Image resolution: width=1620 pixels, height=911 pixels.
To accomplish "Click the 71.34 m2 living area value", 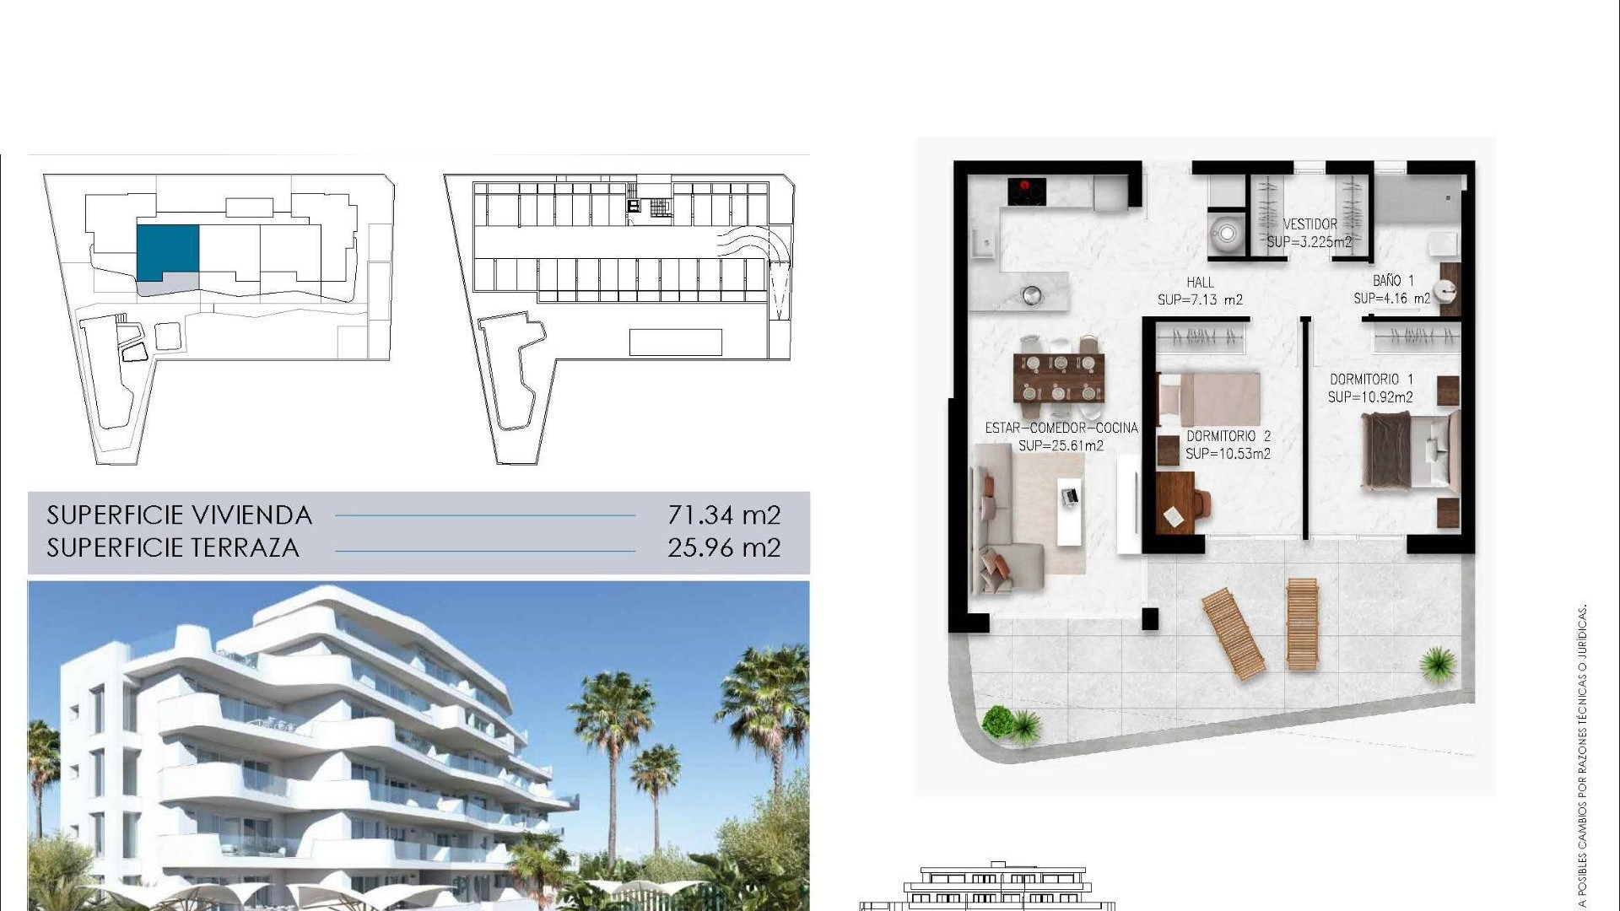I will tap(724, 515).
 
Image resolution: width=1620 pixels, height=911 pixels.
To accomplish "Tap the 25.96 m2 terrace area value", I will tap(724, 547).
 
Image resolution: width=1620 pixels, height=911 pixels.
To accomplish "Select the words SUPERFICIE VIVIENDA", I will tap(179, 515).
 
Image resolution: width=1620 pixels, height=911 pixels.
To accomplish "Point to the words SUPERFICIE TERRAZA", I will tap(173, 547).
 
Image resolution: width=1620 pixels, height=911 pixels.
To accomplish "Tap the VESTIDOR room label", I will tap(1309, 224).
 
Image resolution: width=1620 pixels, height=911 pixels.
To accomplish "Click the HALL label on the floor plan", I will tap(1200, 283).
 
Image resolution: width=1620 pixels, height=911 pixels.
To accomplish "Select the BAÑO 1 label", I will tap(1392, 280).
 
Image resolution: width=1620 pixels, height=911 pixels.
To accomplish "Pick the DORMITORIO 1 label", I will tap(1371, 380).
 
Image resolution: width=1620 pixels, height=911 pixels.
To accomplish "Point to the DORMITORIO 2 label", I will tap(1228, 436).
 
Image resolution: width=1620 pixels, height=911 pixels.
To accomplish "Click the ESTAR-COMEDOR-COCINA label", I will tap(1061, 428).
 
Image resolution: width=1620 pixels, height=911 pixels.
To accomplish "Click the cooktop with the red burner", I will tap(1027, 191).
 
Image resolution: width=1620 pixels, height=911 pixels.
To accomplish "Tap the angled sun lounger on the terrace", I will tap(1233, 633).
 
